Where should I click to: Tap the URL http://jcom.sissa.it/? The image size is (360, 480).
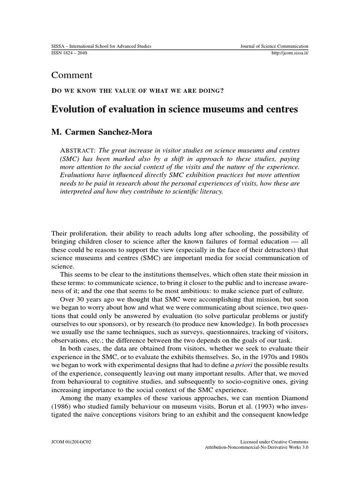(290, 53)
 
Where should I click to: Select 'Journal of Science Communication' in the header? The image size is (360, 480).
(274, 46)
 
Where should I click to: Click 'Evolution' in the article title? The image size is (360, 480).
(74, 110)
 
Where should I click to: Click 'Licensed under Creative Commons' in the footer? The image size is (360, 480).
(274, 441)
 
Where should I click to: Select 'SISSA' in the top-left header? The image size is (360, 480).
(57, 46)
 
